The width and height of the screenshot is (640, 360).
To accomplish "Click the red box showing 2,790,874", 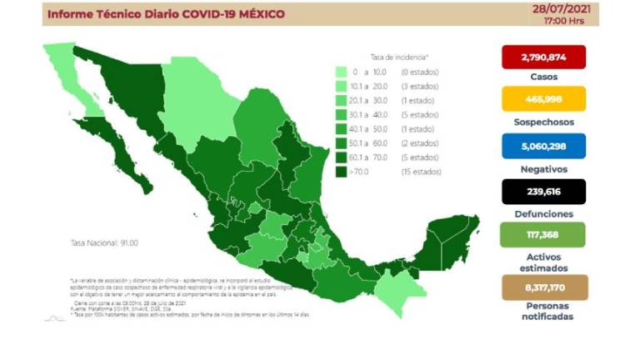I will (x=543, y=57).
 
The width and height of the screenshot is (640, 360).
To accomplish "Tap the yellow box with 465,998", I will (x=543, y=99).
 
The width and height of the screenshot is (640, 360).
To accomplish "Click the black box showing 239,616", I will (x=543, y=191).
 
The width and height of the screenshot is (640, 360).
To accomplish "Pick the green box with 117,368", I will (x=543, y=236).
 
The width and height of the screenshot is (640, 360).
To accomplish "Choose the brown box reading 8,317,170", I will (x=543, y=287).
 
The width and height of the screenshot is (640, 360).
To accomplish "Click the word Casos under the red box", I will (x=543, y=77).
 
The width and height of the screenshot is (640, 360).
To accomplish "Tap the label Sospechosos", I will (x=543, y=122).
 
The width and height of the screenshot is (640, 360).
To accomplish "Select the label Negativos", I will (x=543, y=167).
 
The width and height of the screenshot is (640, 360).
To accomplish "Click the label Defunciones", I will (x=543, y=213).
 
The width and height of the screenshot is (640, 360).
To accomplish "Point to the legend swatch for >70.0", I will (x=342, y=172).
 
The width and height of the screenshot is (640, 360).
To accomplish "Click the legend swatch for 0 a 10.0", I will (x=342, y=72).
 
